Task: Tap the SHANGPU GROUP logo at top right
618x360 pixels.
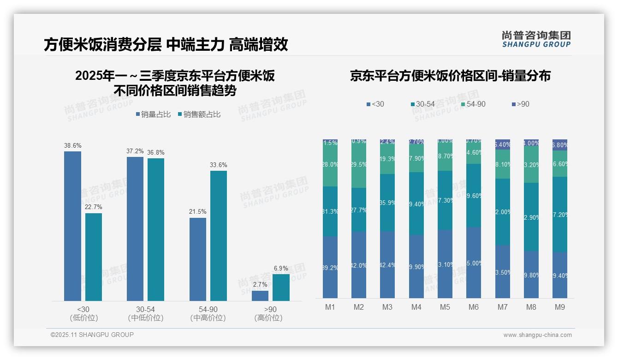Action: [536, 39]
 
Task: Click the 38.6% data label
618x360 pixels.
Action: [72, 145]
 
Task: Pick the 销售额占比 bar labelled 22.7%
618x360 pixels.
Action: [94, 257]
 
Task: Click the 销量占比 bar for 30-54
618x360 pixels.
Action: [135, 228]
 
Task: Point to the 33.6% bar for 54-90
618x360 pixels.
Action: [219, 235]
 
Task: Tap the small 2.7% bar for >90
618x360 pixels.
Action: [260, 295]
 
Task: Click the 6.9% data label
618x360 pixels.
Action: [281, 268]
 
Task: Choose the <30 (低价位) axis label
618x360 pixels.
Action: [83, 313]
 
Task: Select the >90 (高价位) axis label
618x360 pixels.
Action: [268, 313]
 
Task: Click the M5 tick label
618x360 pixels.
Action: [445, 307]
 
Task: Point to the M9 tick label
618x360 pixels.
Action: [559, 307]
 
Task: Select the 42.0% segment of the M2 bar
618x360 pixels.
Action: [359, 265]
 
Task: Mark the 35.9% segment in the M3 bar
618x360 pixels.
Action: [387, 202]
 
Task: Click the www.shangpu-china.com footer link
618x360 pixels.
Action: [537, 335]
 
